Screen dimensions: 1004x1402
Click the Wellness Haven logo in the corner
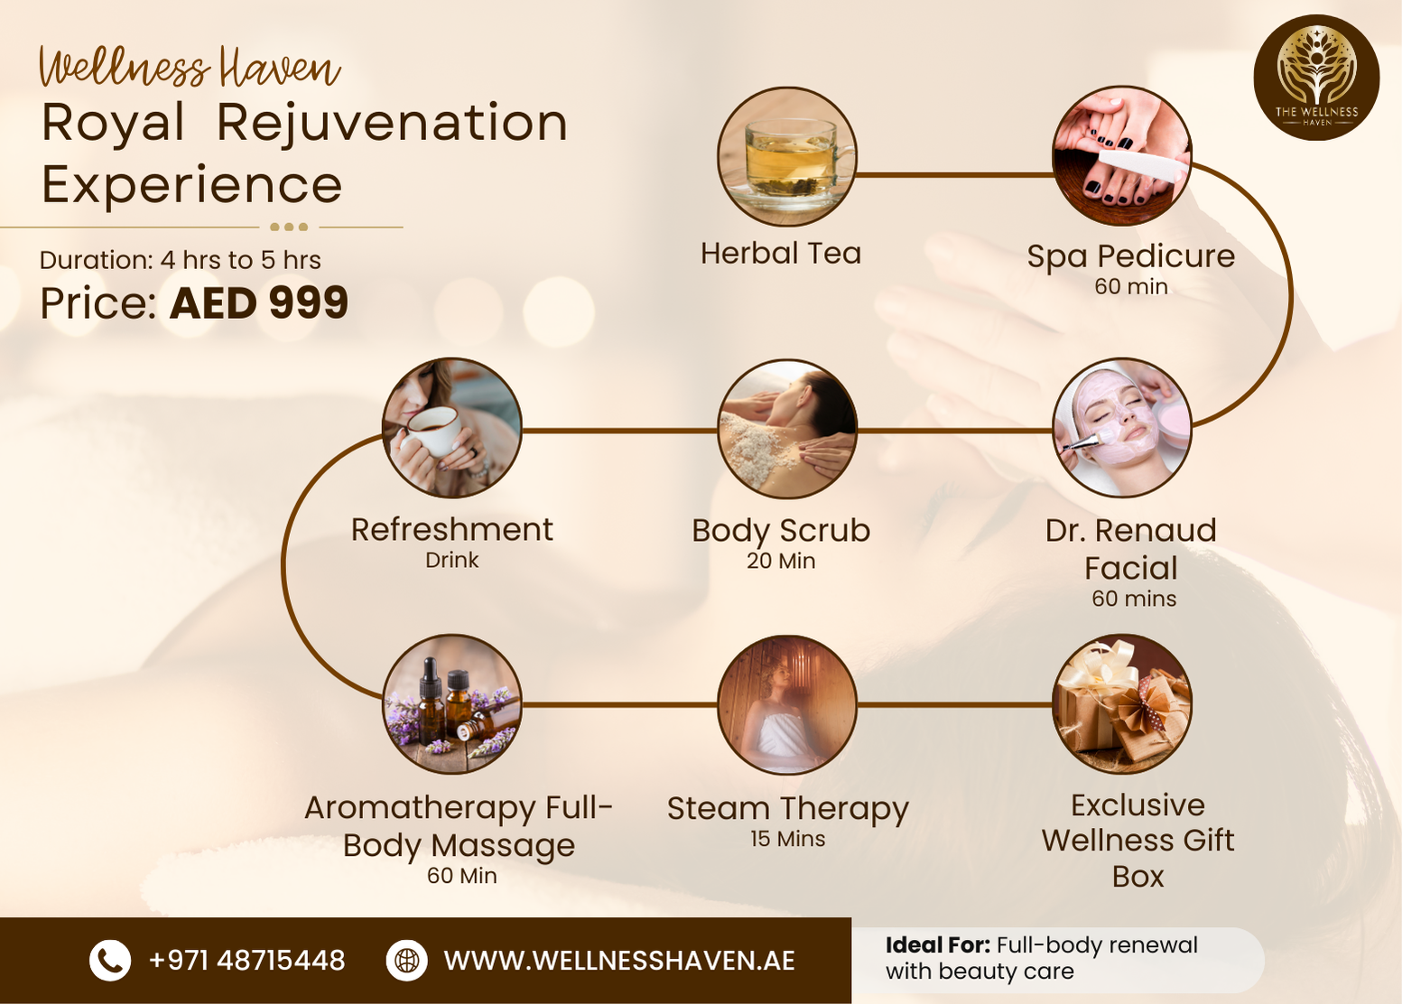point(1316,77)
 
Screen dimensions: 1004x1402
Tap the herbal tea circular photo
point(787,157)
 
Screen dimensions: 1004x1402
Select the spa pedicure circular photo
point(1122,156)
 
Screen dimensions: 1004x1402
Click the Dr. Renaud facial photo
point(1122,428)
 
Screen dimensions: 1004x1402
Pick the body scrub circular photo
point(787,429)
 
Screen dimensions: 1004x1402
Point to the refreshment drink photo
point(452,428)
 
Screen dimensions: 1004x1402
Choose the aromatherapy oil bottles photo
point(452,703)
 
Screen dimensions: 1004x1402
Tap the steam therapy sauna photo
point(787,704)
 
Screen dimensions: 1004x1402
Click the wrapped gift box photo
point(1122,703)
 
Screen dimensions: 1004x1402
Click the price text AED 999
point(259,302)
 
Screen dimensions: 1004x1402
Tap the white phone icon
point(110,960)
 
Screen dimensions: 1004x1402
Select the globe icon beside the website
point(407,960)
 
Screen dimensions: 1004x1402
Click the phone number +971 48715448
point(246,960)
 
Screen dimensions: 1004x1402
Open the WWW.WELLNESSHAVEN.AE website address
point(619,961)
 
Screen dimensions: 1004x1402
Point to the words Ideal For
point(937,945)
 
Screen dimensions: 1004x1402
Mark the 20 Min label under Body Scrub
point(781,561)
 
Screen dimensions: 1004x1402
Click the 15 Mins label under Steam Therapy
point(787,839)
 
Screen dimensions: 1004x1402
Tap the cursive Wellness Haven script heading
point(190,68)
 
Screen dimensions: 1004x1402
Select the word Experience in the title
point(192,185)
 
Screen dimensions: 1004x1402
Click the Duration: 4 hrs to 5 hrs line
point(181,260)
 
